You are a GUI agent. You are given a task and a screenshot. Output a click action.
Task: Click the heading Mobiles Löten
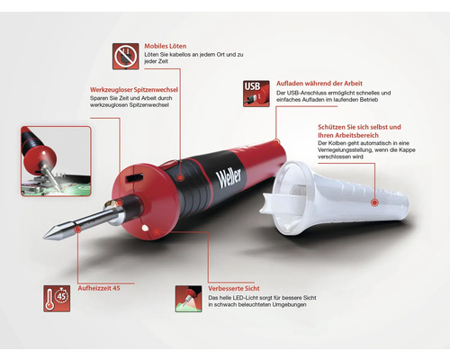point(166,46)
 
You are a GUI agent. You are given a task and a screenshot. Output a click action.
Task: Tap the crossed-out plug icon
point(126,57)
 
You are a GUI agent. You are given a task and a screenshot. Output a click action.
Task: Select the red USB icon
point(256,94)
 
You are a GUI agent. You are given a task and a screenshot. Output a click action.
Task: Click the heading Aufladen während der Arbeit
point(319,84)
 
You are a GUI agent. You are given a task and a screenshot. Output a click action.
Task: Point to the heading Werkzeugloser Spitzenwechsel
point(134,90)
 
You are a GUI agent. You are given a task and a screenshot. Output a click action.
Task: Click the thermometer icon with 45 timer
point(57,299)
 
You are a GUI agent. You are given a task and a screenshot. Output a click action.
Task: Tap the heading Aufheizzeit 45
point(99,288)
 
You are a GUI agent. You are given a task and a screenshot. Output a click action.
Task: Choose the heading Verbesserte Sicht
point(234,289)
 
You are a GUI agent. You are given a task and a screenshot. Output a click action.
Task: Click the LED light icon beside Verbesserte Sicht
point(188,299)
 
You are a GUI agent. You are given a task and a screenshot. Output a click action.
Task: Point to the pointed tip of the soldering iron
point(44,238)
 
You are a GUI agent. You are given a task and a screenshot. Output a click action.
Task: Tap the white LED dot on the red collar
point(145,229)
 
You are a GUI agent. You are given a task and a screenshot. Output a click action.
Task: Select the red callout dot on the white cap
point(374,202)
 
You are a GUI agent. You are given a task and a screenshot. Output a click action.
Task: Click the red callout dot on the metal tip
point(78,229)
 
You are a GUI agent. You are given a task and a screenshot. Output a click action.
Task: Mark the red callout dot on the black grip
point(180,177)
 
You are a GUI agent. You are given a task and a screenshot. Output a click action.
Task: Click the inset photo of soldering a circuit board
point(56,161)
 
